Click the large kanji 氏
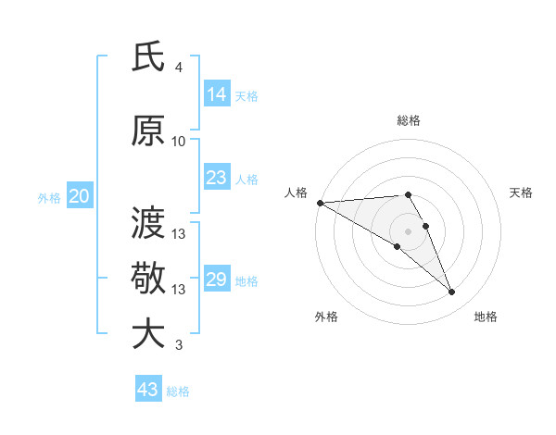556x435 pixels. pyautogui.click(x=148, y=58)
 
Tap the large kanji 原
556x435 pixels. pyautogui.click(x=148, y=131)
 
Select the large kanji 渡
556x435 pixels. pyautogui.click(x=148, y=222)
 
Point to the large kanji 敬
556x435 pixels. pyautogui.click(x=148, y=277)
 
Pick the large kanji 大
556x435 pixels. pyautogui.click(x=148, y=333)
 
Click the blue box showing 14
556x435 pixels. pyautogui.click(x=217, y=94)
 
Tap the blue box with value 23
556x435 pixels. pyautogui.click(x=217, y=178)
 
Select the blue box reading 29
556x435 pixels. pyautogui.click(x=217, y=280)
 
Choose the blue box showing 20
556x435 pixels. pyautogui.click(x=80, y=196)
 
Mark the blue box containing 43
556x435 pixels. pyautogui.click(x=148, y=390)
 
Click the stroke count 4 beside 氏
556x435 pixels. pyautogui.click(x=178, y=68)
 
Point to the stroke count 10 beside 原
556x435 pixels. pyautogui.click(x=179, y=142)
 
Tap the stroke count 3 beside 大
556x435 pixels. pyautogui.click(x=178, y=346)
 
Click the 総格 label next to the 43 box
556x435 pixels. pyautogui.click(x=178, y=391)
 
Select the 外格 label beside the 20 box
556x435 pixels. pyautogui.click(x=49, y=197)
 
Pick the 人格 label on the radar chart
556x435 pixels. pyautogui.click(x=296, y=193)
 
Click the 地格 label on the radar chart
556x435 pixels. pyautogui.click(x=486, y=317)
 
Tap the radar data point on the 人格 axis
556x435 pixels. pyautogui.click(x=320, y=203)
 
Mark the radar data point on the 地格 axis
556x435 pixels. pyautogui.click(x=451, y=292)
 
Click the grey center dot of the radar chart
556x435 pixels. pyautogui.click(x=408, y=230)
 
